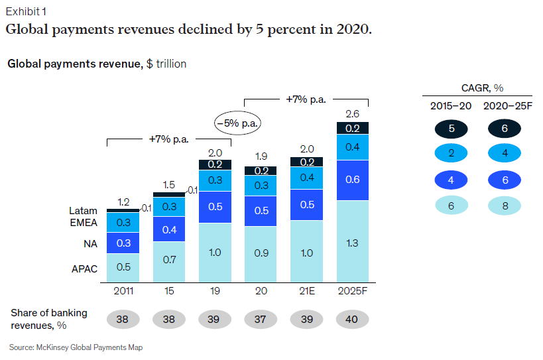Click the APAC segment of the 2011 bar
[123, 267]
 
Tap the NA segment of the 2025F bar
[353, 180]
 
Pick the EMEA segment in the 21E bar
[306, 178]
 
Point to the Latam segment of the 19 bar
[215, 164]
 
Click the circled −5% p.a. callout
[237, 123]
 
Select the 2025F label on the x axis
[353, 290]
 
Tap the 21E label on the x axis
[306, 290]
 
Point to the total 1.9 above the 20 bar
[261, 157]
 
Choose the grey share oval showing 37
[261, 320]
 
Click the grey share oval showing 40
[353, 320]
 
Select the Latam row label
[84, 211]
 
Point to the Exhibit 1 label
[27, 12]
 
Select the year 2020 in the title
[347, 30]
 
